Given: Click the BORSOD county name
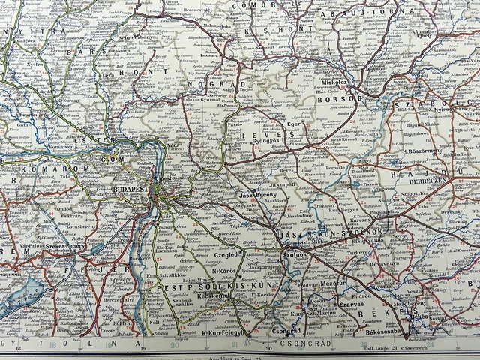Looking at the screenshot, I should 339,97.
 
